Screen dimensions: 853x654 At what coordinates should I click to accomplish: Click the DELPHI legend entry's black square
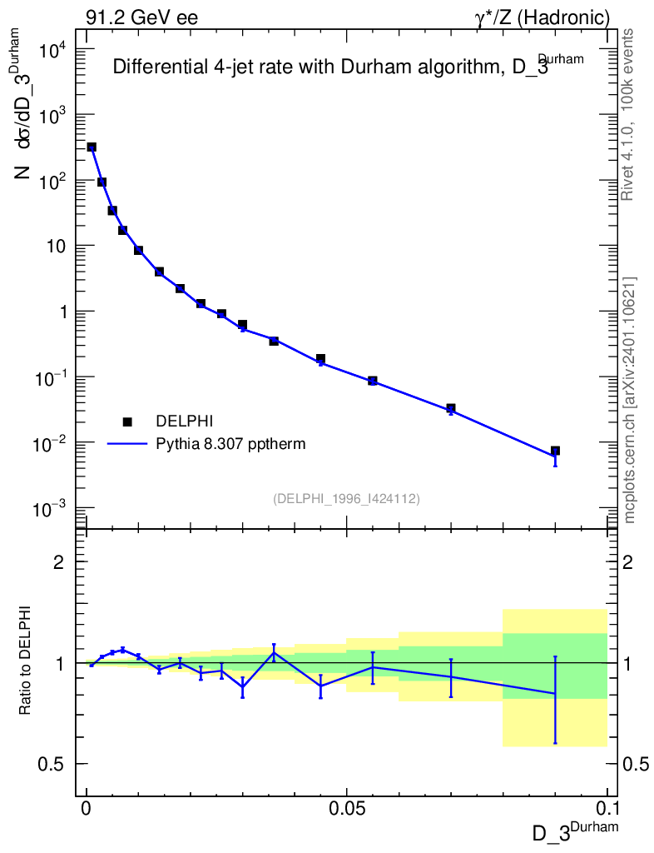point(127,422)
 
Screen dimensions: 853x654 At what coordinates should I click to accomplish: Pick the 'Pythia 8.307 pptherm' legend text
point(230,444)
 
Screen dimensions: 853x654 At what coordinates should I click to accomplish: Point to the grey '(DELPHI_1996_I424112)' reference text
point(346,499)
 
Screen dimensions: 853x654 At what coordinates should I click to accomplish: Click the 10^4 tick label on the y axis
point(57,51)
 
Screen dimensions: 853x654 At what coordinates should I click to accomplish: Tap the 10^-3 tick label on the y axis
point(57,509)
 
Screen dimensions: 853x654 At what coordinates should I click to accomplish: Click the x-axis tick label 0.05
point(347,809)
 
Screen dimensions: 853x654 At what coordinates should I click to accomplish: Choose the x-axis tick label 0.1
point(607,809)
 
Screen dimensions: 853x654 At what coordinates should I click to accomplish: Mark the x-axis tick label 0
point(87,809)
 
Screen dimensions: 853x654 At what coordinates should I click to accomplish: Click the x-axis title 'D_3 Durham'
point(575,832)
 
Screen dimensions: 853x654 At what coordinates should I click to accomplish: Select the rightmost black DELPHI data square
point(555,451)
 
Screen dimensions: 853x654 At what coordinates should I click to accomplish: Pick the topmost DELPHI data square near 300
point(92,147)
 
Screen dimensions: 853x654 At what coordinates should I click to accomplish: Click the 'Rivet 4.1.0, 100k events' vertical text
point(628,114)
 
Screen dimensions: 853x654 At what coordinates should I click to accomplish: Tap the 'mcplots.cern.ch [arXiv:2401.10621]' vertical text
point(630,400)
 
